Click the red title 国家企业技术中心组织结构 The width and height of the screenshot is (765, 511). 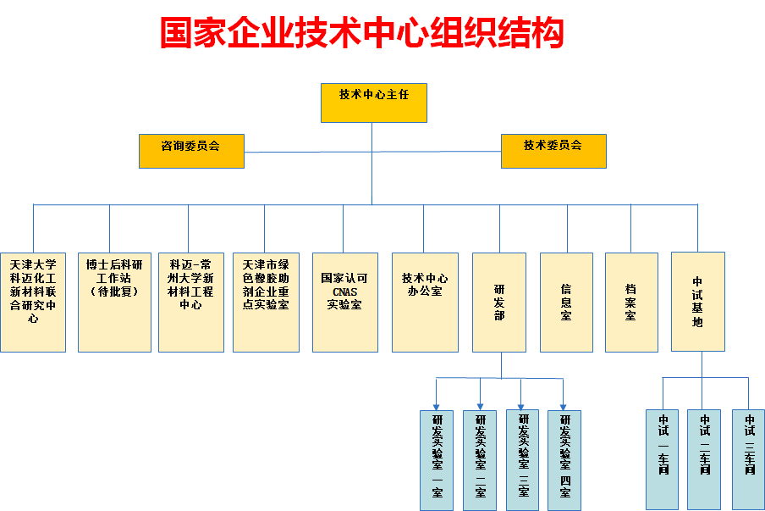pos(362,33)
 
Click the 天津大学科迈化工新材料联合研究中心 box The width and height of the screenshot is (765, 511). pos(33,302)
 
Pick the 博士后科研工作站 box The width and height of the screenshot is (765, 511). pos(114,302)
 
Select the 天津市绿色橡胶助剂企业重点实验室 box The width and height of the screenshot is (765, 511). pos(266,302)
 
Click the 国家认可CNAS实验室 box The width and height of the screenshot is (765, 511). pos(344,302)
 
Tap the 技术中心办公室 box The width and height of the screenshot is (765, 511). pos(425,302)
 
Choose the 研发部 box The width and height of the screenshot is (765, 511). pos(499,302)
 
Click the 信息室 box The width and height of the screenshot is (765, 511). pos(566,302)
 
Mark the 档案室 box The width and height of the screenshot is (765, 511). pos(631,302)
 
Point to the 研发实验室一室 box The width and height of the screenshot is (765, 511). pos(437,459)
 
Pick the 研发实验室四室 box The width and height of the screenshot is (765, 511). pos(564,459)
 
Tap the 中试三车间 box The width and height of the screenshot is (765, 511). pos(749,459)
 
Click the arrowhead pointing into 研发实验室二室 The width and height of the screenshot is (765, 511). pos(480,405)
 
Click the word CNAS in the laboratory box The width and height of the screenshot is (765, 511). pos(344,291)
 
